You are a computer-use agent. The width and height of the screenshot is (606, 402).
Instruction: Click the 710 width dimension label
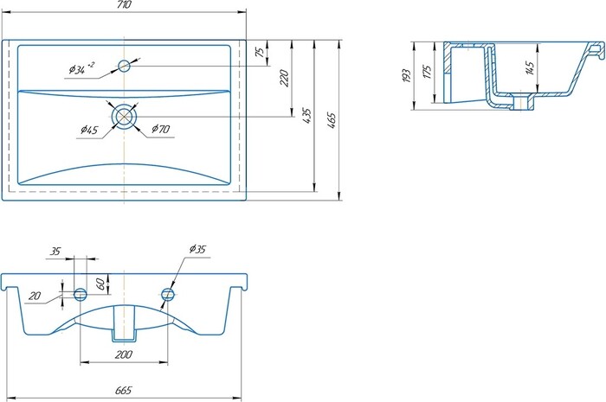pos(123,4)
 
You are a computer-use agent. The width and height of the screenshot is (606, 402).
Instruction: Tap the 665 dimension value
pos(123,391)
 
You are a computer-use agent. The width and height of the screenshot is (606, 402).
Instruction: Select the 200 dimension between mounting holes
pos(123,354)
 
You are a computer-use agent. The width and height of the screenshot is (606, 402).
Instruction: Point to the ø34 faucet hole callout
pos(81,68)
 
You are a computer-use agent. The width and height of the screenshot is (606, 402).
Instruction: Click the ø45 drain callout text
pos(89,130)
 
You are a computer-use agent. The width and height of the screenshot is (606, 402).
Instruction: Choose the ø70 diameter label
pos(160,129)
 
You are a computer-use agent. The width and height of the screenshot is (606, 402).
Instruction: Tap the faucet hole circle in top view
pos(124,66)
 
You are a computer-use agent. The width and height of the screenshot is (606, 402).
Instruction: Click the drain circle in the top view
pos(124,116)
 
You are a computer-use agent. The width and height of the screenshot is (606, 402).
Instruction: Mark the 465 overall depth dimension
pos(332,120)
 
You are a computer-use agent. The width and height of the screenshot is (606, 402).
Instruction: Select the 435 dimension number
pos(306,116)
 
